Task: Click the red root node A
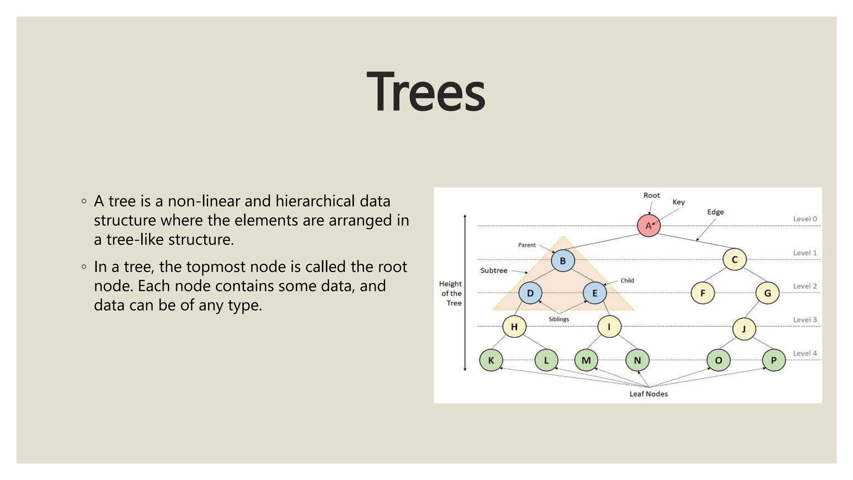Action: coord(648,225)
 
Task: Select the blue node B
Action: coord(563,260)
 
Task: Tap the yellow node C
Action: coord(734,259)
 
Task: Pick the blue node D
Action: coord(530,293)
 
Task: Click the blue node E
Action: coord(594,293)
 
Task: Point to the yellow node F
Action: coord(703,293)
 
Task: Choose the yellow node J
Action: coord(744,329)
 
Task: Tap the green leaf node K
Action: coord(491,360)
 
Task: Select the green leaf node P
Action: coord(773,360)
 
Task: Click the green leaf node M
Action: coord(586,360)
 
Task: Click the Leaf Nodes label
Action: coord(648,394)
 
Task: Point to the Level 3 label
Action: coord(805,320)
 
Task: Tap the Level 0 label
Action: coord(805,219)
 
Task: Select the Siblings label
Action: coord(559,319)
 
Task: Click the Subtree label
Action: coord(494,270)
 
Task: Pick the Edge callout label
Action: coord(715,212)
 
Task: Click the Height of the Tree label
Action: coord(451,293)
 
